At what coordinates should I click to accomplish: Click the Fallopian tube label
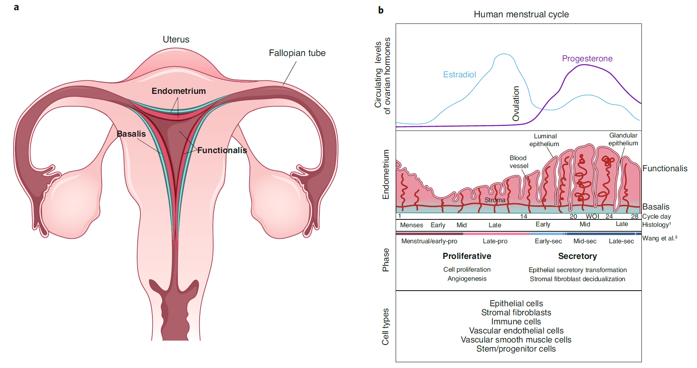(x=297, y=53)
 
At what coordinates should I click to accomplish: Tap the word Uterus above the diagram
(x=176, y=39)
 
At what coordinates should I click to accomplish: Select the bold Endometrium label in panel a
(x=179, y=91)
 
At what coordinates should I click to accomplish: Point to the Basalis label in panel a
(x=131, y=134)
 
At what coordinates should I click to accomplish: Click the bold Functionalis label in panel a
(x=222, y=150)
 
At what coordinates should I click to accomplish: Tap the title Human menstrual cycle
(x=521, y=14)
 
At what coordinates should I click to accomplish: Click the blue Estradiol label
(x=459, y=75)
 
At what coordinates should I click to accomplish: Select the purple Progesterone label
(x=587, y=58)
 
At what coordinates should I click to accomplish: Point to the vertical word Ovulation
(x=516, y=104)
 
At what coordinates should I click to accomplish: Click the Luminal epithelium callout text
(x=544, y=140)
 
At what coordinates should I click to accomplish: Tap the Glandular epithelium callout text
(x=623, y=139)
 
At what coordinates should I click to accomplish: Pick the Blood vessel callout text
(x=518, y=162)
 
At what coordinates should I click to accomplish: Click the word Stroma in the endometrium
(x=495, y=200)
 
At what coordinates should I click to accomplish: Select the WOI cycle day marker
(x=592, y=217)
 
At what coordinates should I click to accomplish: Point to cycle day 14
(x=524, y=217)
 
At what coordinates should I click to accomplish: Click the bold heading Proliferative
(x=467, y=256)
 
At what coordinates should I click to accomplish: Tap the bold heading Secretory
(x=578, y=256)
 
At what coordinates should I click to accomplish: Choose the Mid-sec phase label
(x=585, y=241)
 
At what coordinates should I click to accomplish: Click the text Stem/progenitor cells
(x=516, y=349)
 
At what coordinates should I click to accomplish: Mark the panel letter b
(x=381, y=10)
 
